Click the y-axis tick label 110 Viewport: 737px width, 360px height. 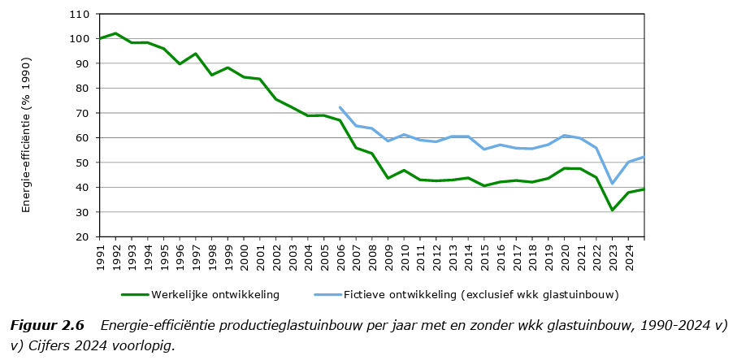(80, 14)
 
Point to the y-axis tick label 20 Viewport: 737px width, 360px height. (82, 237)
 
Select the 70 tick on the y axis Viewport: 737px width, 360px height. (82, 113)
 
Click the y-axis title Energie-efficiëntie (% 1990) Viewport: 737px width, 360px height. (26, 134)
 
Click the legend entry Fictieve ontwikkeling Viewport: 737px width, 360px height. (480, 295)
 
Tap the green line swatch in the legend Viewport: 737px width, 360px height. (139, 295)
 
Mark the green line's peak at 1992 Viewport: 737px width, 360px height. (115, 33)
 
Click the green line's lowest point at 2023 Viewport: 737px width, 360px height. (613, 210)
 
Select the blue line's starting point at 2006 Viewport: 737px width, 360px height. (340, 107)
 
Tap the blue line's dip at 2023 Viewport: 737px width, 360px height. (613, 184)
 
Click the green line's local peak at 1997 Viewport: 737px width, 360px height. (196, 54)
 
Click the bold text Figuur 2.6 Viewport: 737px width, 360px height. (47, 326)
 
